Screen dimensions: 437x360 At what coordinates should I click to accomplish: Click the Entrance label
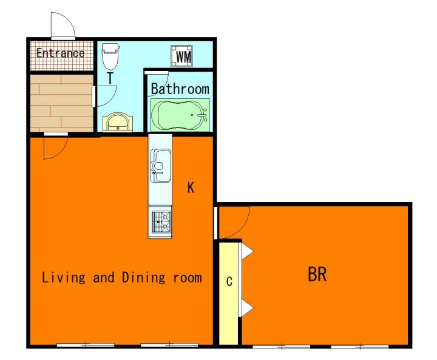(x=61, y=53)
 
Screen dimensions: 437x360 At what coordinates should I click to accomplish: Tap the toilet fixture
(x=110, y=56)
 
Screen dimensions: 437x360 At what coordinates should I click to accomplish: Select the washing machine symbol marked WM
(x=182, y=56)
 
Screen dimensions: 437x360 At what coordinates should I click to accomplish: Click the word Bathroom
(x=180, y=89)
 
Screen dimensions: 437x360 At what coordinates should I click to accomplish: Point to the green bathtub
(x=180, y=115)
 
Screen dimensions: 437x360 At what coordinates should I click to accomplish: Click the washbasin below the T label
(x=118, y=122)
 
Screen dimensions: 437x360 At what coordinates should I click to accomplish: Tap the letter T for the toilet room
(x=110, y=78)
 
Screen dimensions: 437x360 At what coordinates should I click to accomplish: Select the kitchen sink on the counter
(x=161, y=166)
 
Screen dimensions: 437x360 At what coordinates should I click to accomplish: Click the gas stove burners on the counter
(x=161, y=222)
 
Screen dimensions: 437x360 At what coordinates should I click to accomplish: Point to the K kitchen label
(x=191, y=188)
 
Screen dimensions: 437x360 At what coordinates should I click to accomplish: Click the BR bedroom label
(x=317, y=274)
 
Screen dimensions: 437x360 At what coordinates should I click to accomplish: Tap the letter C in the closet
(x=229, y=281)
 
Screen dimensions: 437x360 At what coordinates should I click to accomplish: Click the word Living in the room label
(x=63, y=277)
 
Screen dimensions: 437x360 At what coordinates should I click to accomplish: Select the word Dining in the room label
(x=143, y=277)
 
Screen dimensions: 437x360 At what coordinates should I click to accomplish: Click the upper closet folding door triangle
(x=247, y=251)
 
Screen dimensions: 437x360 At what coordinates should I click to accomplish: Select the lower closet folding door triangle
(x=247, y=308)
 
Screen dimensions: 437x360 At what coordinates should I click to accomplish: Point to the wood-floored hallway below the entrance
(x=61, y=103)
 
